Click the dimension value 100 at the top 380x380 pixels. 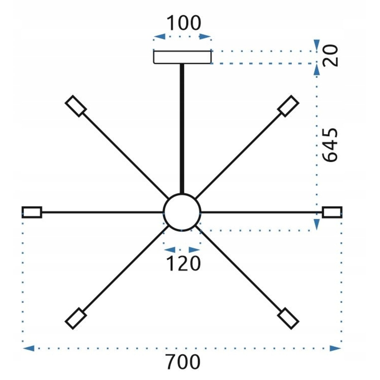point(184,23)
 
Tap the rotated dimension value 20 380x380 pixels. point(331,56)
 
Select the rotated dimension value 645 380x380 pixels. point(331,145)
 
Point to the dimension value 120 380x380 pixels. point(183,264)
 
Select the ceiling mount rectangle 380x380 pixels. point(182,57)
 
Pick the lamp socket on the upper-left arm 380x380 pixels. point(76,106)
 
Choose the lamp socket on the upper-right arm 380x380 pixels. point(288,106)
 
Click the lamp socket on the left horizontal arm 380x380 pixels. point(32,212)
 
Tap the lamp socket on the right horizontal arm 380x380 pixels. point(332,212)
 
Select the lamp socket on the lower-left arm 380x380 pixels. point(76,319)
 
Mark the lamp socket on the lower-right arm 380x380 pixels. point(288,319)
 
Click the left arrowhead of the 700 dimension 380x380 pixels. point(28,348)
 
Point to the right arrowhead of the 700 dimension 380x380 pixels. point(335,348)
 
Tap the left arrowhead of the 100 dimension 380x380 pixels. point(159,36)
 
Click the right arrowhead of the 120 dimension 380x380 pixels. point(194,250)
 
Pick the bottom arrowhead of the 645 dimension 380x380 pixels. point(316,225)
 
